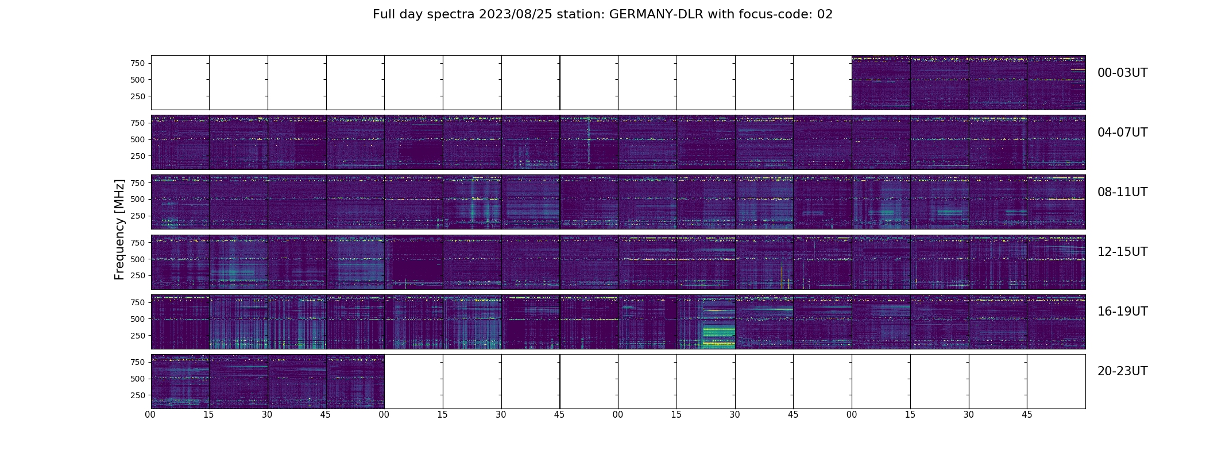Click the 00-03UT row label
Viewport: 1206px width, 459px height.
coord(1122,73)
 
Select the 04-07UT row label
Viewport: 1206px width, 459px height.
coord(1122,133)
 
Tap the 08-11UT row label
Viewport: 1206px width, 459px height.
coord(1122,192)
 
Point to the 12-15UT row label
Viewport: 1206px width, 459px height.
coord(1122,252)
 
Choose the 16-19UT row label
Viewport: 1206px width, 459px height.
coord(1122,312)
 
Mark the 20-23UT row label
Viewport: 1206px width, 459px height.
coord(1122,371)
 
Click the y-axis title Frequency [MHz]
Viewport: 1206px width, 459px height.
coord(119,229)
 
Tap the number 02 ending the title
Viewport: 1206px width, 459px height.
coord(825,14)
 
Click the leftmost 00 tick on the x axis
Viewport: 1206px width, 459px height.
coord(150,414)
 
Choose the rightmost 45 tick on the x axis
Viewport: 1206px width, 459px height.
coord(1027,414)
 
